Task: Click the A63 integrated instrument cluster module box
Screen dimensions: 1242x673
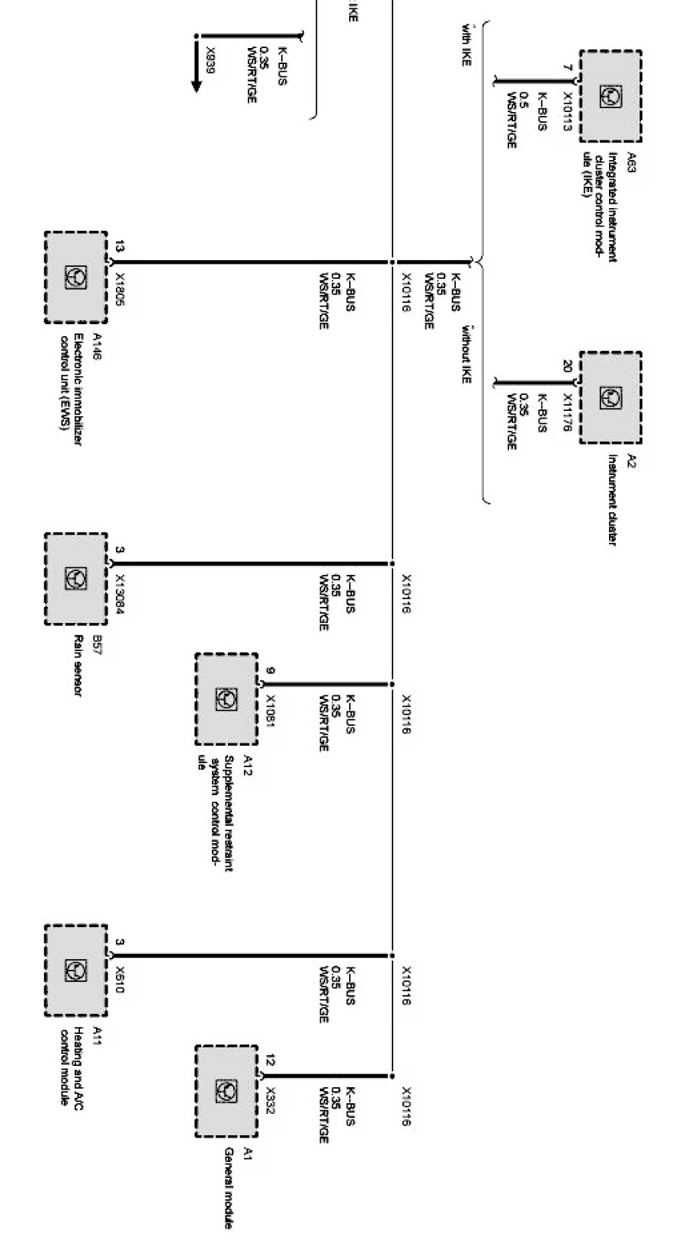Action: coord(609,96)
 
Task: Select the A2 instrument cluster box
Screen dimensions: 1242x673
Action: coord(609,397)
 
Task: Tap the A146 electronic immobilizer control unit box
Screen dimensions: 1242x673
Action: coord(75,277)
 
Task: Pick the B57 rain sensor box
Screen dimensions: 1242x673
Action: coord(75,579)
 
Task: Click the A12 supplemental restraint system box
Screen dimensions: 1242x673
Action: coord(226,698)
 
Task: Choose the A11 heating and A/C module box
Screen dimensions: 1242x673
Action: coord(75,970)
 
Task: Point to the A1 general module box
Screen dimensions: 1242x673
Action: coord(226,1090)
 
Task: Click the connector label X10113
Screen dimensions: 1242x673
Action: coord(567,112)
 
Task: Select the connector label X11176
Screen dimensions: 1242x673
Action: coord(567,412)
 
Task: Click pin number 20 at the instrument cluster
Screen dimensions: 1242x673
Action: coord(567,366)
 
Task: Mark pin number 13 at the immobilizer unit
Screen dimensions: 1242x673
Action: coord(120,246)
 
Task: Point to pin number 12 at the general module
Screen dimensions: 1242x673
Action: coord(271,1059)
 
